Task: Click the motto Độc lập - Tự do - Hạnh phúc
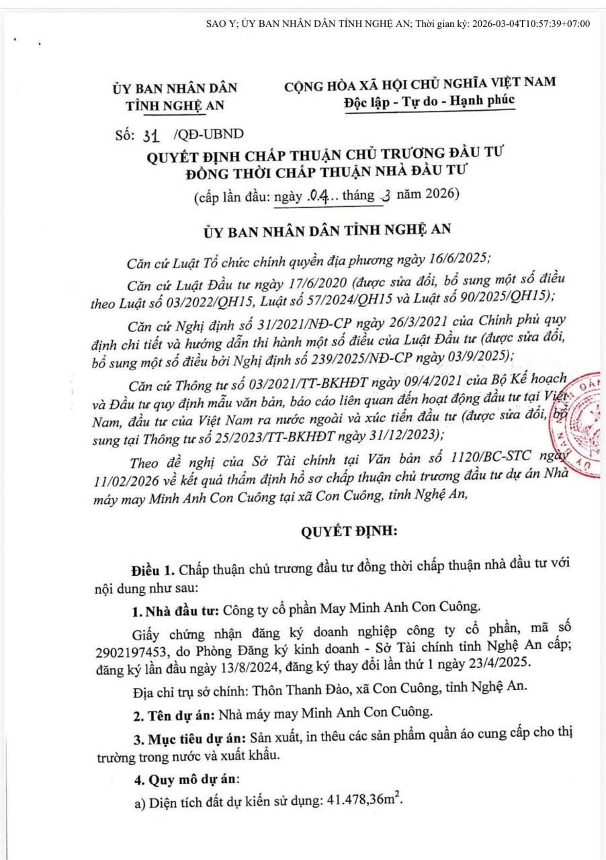429,100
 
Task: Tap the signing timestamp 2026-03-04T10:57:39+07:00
531,24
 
